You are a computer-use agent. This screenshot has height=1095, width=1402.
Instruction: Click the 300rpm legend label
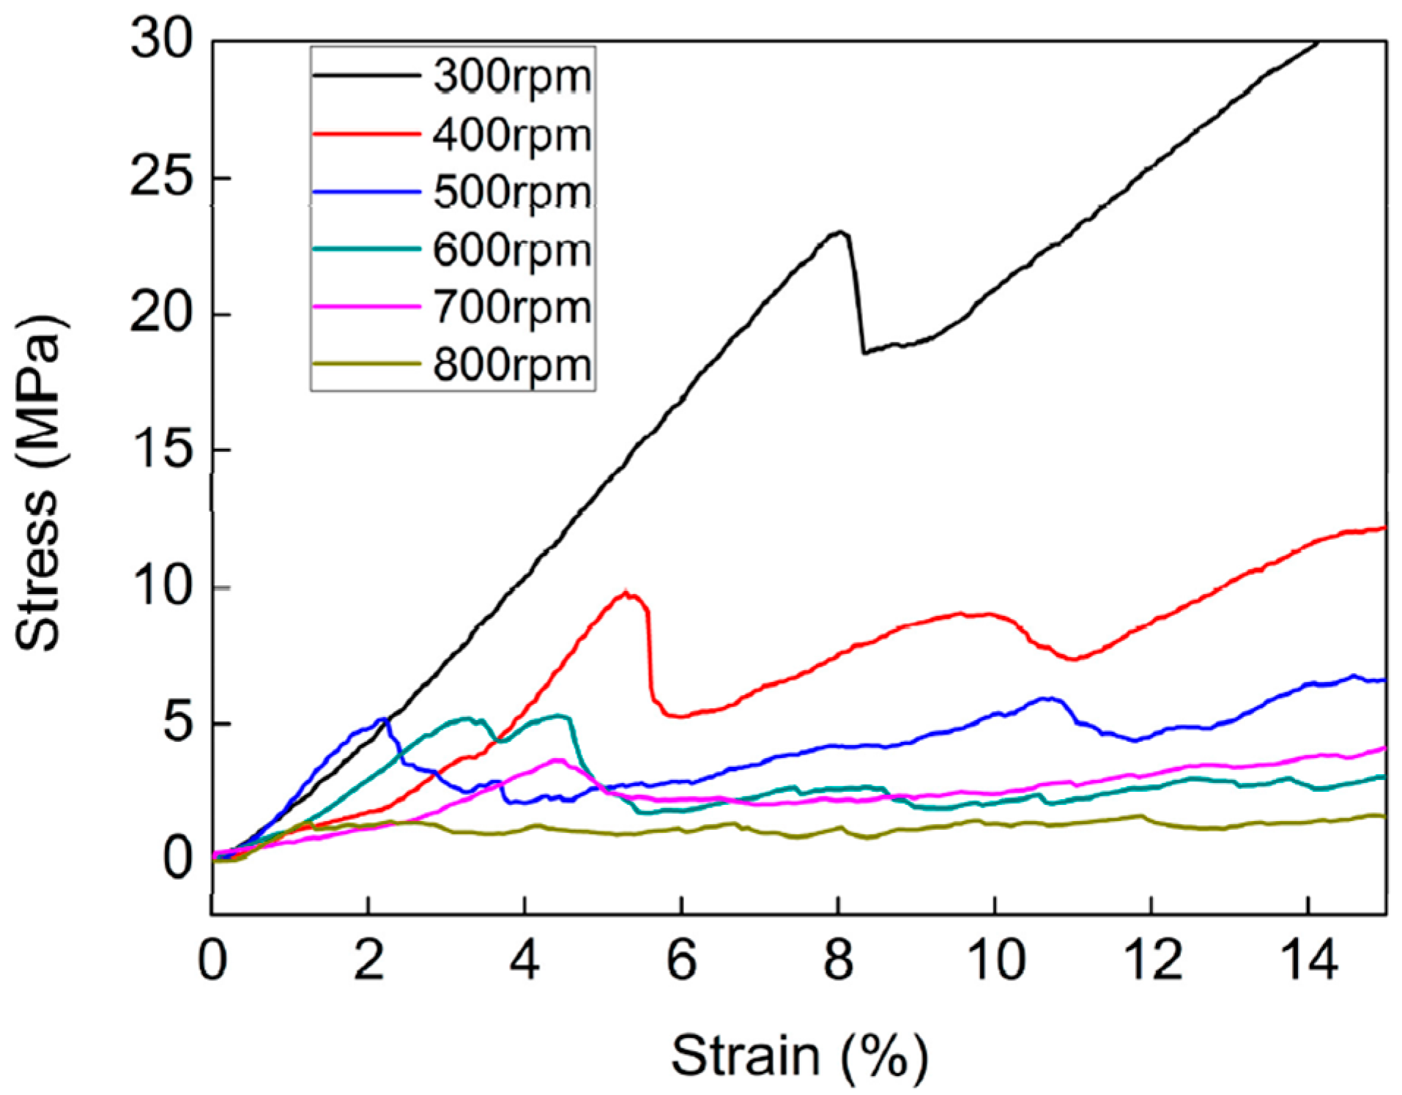(512, 77)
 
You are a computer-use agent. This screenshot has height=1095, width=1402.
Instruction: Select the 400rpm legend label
(512, 136)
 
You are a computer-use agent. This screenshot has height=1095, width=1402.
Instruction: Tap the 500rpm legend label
(512, 193)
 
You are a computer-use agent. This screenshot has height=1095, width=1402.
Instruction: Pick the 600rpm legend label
(512, 250)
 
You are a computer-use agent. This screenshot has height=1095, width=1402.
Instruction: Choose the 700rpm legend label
(512, 308)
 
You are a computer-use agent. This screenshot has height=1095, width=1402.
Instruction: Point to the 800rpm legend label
(512, 365)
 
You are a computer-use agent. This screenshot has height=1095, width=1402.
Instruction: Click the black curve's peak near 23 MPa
(841, 232)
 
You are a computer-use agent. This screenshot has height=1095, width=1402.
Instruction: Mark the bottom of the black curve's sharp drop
(864, 352)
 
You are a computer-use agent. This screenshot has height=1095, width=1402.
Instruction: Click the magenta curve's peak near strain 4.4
(558, 760)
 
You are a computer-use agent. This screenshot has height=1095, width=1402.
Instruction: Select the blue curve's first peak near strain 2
(382, 720)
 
